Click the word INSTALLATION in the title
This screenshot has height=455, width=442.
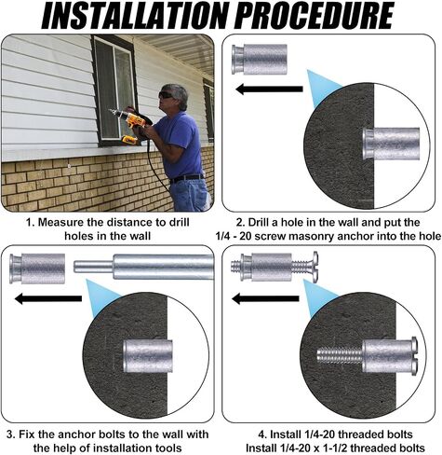[x=138, y=16]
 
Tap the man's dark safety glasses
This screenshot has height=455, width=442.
[x=165, y=95]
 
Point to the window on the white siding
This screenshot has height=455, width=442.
[x=114, y=90]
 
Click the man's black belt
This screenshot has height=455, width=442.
[x=187, y=178]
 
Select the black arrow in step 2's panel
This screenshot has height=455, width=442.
[x=269, y=90]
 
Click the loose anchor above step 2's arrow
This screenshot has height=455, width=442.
[x=260, y=60]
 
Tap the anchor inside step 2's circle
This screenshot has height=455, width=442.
[x=392, y=144]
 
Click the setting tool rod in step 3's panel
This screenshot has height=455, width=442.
[x=144, y=267]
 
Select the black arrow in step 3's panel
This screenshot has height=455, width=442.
[x=48, y=298]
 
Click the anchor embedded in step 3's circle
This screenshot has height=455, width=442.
[x=148, y=356]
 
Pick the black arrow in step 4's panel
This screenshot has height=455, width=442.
[x=265, y=299]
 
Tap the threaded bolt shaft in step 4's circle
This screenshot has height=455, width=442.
[x=340, y=356]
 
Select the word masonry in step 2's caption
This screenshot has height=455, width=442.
[x=311, y=237]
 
